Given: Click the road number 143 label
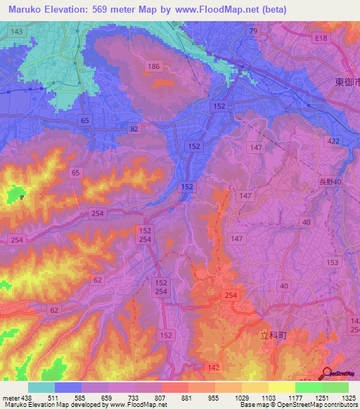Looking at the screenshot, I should click(17, 32).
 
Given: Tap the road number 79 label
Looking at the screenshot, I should click(253, 32).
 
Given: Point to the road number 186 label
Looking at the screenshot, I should click(155, 66).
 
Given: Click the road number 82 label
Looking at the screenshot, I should click(134, 129).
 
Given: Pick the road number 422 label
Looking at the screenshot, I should click(333, 142).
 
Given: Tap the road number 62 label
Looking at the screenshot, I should click(55, 309).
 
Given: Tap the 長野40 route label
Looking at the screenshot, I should click(328, 182).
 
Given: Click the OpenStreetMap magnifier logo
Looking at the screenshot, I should click(328, 375).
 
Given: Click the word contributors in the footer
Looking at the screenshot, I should click(337, 405).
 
